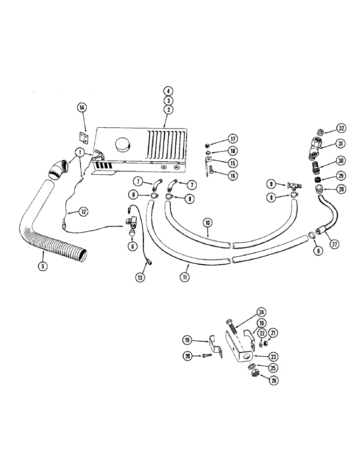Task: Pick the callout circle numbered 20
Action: pyautogui.click(x=188, y=356)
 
